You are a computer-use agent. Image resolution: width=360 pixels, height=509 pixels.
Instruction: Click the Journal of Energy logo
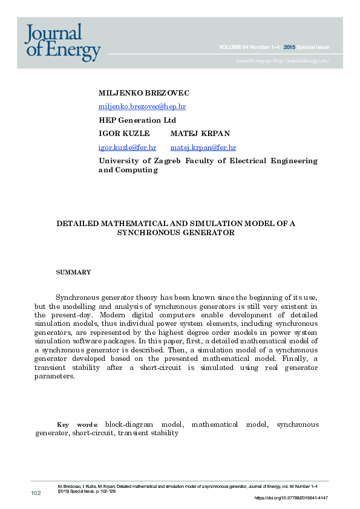coord(62,42)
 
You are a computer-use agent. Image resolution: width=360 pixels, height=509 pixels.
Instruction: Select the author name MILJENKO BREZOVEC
coord(143,93)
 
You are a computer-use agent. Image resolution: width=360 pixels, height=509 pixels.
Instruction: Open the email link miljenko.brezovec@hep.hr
coord(142,106)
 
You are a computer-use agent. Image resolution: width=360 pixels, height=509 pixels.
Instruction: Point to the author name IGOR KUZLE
coord(123,133)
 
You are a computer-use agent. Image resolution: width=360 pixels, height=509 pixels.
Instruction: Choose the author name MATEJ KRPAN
coord(200,133)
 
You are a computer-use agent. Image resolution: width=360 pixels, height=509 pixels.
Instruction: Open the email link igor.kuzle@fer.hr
coord(127,147)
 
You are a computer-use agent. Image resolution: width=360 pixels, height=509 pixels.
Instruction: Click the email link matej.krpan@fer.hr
coord(203,147)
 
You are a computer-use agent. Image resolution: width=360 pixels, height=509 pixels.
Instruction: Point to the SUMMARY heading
coord(73,272)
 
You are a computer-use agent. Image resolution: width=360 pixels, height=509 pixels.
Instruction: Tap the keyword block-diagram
coord(127,424)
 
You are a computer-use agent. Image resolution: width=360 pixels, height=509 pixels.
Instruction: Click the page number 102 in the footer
coord(36,494)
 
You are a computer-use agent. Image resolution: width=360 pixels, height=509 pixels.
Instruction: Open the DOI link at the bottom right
coord(291,498)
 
